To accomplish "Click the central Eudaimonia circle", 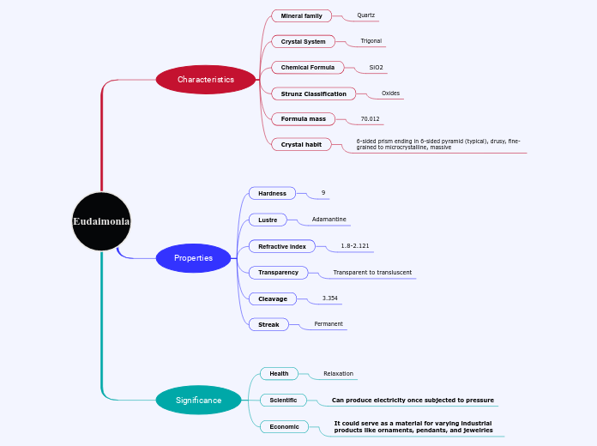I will click(101, 221).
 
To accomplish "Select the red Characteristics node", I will click(206, 80).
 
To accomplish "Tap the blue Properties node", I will click(194, 258).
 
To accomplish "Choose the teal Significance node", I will click(198, 400).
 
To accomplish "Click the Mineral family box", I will click(301, 16).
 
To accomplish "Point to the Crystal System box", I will click(303, 41).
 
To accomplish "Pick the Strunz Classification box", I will click(313, 93).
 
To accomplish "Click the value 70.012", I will click(370, 119).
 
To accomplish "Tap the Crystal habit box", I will click(301, 145).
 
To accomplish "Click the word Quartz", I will click(366, 15).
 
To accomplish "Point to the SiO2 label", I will click(377, 67).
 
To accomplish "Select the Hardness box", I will click(272, 194).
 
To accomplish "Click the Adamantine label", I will click(329, 220).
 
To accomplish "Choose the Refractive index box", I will click(281, 246).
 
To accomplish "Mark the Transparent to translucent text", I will click(372, 273).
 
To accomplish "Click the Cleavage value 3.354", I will click(330, 298).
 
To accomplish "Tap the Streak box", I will click(268, 324).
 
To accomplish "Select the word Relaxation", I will click(338, 374).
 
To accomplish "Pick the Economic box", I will click(284, 426).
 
